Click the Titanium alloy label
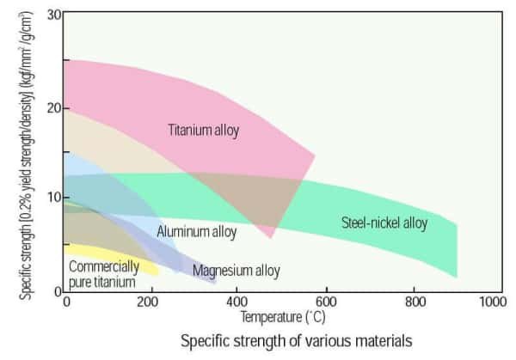(x=203, y=131)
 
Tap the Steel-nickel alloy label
(x=384, y=223)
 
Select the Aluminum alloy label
(x=196, y=231)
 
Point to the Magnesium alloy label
(x=236, y=271)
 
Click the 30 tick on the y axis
(x=55, y=15)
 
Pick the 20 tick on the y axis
(x=55, y=107)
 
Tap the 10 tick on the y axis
(x=55, y=198)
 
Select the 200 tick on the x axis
(x=152, y=302)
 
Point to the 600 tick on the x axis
(x=326, y=302)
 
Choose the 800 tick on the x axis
(x=414, y=302)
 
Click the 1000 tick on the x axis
(x=493, y=302)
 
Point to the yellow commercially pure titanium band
(x=138, y=268)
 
